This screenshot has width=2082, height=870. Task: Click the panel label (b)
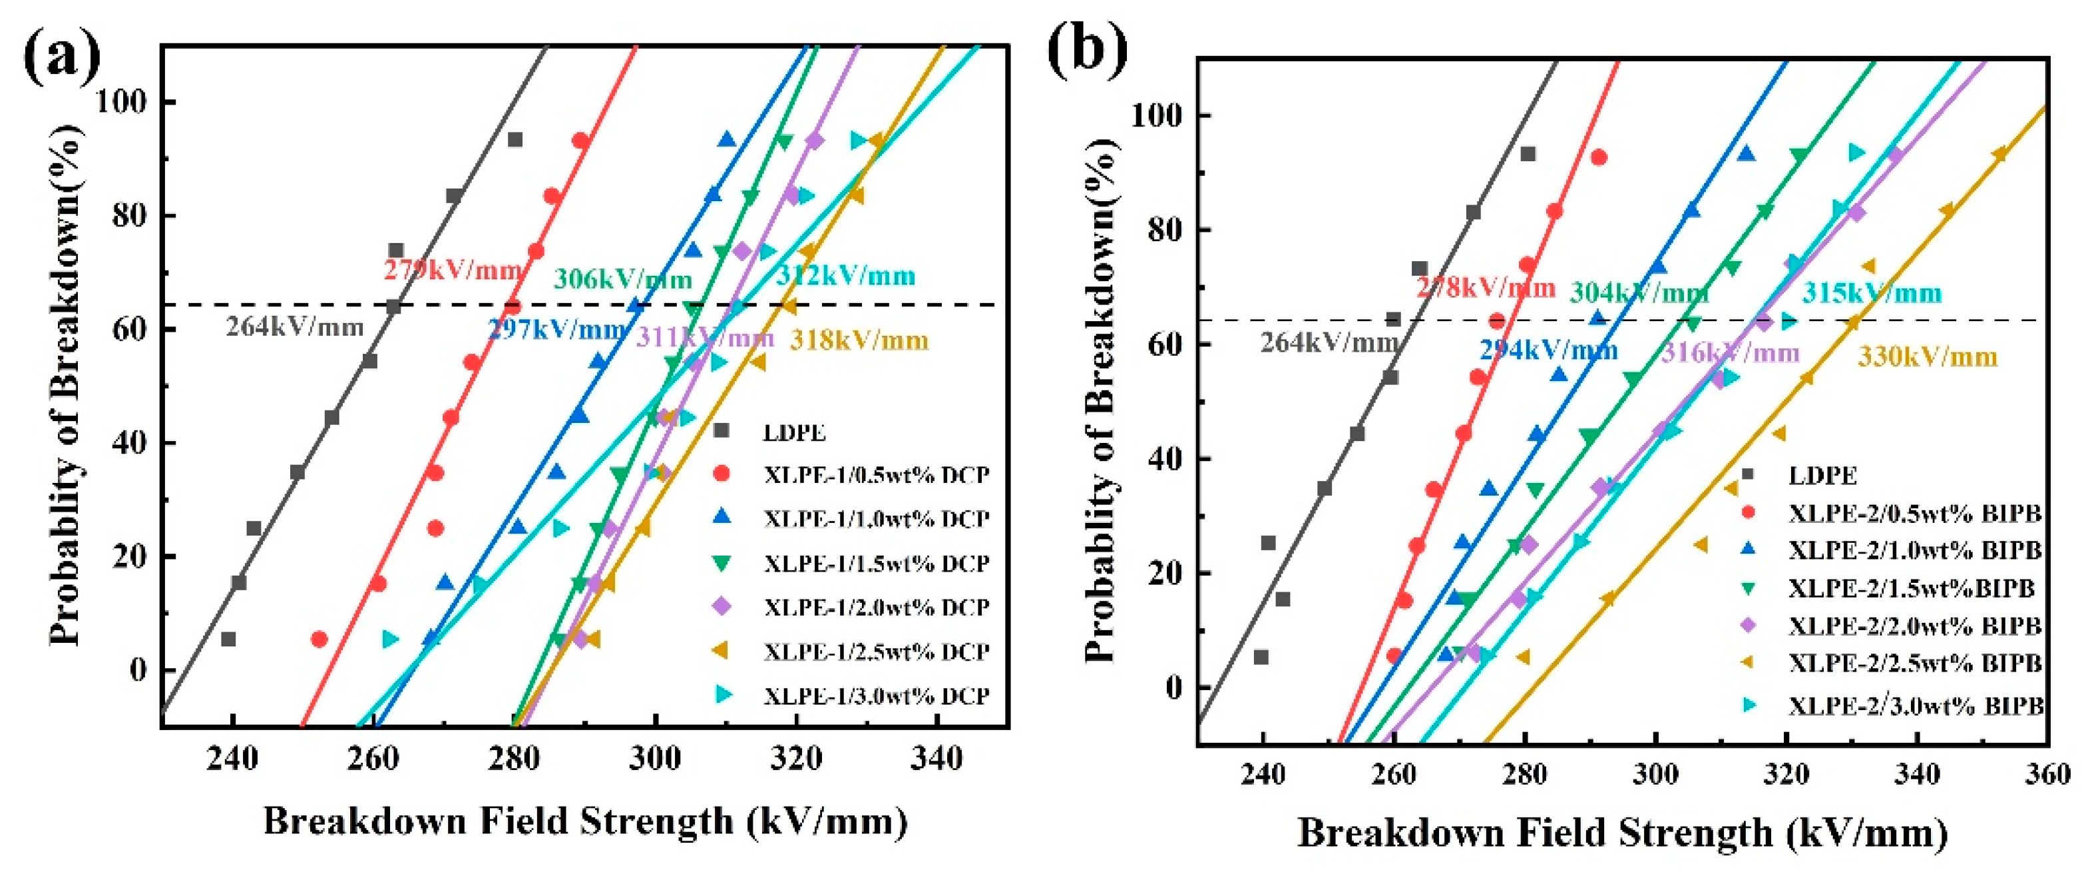pyautogui.click(x=1086, y=50)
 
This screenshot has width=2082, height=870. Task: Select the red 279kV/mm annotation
pyautogui.click(x=452, y=269)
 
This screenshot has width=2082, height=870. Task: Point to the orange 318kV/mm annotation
pyautogui.click(x=859, y=340)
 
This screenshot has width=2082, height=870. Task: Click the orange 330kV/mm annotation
pyautogui.click(x=1927, y=356)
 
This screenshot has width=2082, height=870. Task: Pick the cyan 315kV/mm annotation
pyautogui.click(x=1871, y=292)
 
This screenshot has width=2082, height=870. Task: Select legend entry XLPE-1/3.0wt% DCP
pyautogui.click(x=876, y=695)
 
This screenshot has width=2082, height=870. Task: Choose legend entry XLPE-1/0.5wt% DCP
pyautogui.click(x=876, y=474)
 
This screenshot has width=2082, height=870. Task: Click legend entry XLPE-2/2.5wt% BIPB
pyautogui.click(x=1914, y=663)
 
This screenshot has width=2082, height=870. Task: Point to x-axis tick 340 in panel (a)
pyautogui.click(x=937, y=759)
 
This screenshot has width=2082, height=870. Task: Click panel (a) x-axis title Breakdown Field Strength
pyautogui.click(x=585, y=821)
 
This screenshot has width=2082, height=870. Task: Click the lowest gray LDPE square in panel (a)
pyautogui.click(x=229, y=640)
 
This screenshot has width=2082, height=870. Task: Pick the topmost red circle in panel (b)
pyautogui.click(x=1598, y=158)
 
